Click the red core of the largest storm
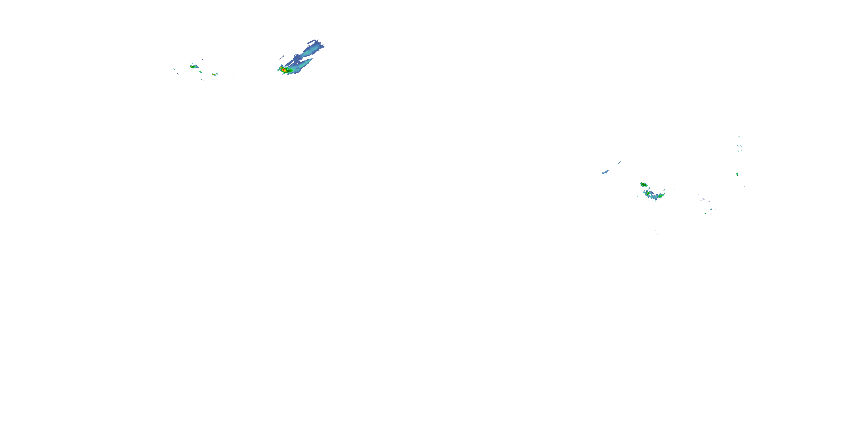tap(284, 70)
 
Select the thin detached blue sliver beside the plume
tap(282, 57)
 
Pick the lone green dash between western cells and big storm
tap(233, 73)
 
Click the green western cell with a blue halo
tap(193, 67)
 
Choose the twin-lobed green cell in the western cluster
tap(215, 75)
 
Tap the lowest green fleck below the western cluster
tap(203, 80)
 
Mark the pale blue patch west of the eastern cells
tap(605, 172)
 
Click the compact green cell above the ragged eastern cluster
tap(643, 184)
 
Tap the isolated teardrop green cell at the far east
tap(737, 174)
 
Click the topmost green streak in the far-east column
tap(739, 136)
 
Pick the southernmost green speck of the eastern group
tap(657, 234)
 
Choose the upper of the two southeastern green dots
tap(711, 209)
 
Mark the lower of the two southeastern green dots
tap(705, 213)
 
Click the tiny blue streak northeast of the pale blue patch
tap(619, 163)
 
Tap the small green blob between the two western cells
tap(201, 72)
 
